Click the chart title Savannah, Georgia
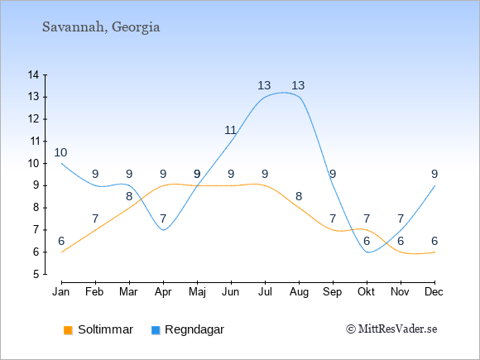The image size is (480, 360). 101,27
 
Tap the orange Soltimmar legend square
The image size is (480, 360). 68,330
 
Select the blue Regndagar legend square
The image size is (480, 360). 156,330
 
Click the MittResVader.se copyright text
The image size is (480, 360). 391,329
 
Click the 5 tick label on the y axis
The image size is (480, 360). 36,274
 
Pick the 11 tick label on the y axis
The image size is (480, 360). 33,142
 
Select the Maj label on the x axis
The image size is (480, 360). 197,292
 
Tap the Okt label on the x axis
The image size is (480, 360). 366,292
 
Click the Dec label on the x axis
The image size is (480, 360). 434,292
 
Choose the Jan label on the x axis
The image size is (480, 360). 61,292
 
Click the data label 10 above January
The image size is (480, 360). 60,152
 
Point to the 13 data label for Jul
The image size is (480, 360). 264,85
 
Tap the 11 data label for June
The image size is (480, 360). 231,131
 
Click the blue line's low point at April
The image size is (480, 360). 164,230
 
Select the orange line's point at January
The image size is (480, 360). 62,252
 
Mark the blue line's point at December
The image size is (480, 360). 434,186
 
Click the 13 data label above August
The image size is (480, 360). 298,85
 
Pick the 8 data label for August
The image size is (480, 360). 299,196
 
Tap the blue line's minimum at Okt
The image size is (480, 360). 368,252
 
